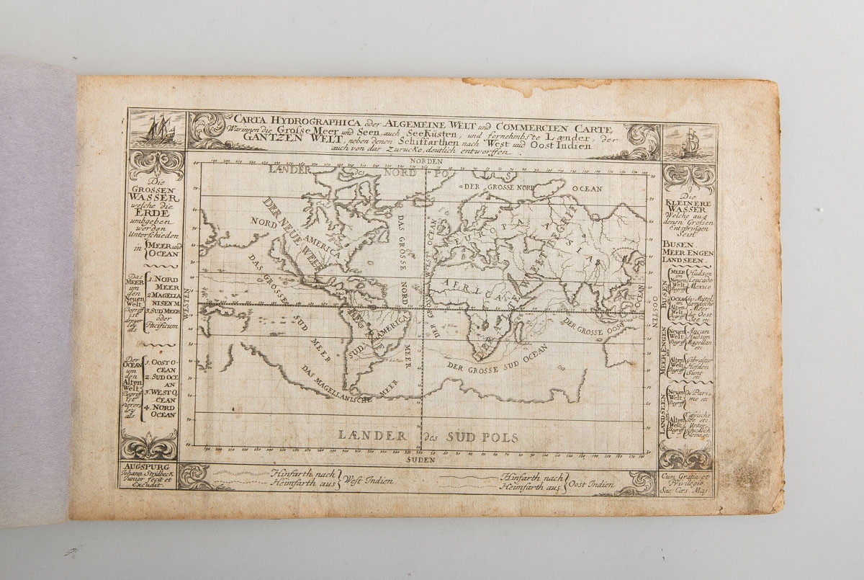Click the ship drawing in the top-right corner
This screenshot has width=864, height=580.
[x=689, y=143]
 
